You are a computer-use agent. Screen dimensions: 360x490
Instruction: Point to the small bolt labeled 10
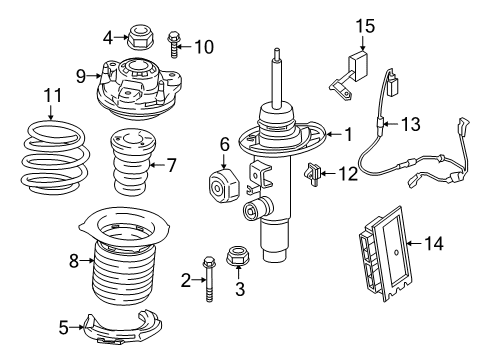(176, 45)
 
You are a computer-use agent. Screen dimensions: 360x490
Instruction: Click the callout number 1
(348, 134)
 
